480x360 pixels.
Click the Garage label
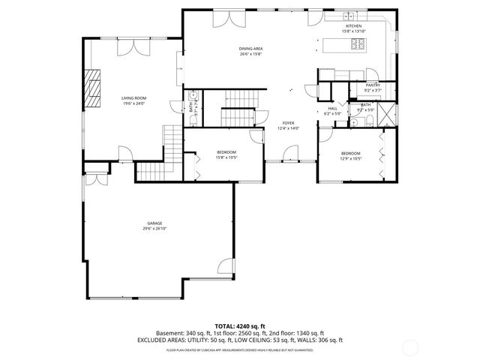tap(154, 224)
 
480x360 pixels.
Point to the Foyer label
tap(288, 124)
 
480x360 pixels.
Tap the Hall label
tap(332, 109)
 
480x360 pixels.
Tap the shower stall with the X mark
tap(387, 116)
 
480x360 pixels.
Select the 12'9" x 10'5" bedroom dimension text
tap(351, 159)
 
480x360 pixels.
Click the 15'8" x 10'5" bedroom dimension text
tap(226, 157)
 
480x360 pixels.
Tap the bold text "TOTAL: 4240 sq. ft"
tap(240, 326)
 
